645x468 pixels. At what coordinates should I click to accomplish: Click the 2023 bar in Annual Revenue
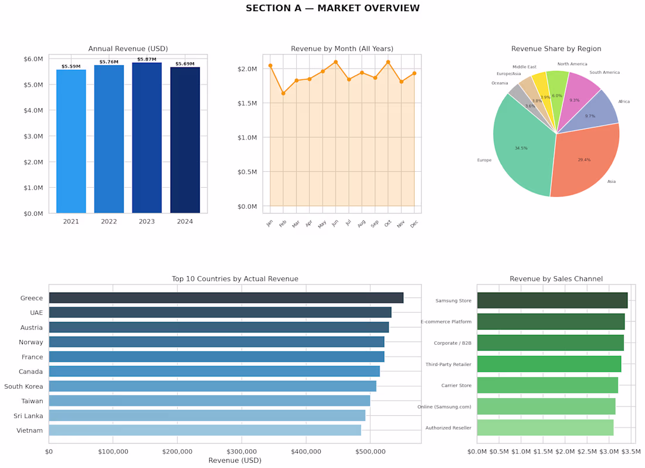pos(147,138)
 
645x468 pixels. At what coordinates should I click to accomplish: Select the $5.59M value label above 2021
pos(71,66)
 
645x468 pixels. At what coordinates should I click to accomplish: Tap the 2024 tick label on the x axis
pos(185,222)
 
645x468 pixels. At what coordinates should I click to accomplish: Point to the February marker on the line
pos(283,93)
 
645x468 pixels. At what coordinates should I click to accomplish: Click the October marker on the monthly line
pos(388,62)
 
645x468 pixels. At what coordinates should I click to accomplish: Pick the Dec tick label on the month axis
pos(414,223)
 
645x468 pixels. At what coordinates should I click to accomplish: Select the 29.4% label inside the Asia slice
pos(584,160)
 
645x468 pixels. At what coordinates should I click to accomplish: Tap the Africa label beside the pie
pos(624,101)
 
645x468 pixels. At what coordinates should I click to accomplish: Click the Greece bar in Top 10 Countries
pos(226,298)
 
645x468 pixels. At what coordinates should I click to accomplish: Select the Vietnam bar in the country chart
pos(205,430)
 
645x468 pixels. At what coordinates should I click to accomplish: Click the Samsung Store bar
pos(552,300)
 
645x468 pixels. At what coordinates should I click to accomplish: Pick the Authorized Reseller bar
pos(545,428)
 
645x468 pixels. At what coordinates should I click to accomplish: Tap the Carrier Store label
pos(456,385)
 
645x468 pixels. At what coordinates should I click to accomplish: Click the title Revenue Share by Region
pos(556,49)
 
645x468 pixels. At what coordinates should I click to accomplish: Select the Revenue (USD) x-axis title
pos(235,460)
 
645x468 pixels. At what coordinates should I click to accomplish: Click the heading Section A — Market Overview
pos(332,8)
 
